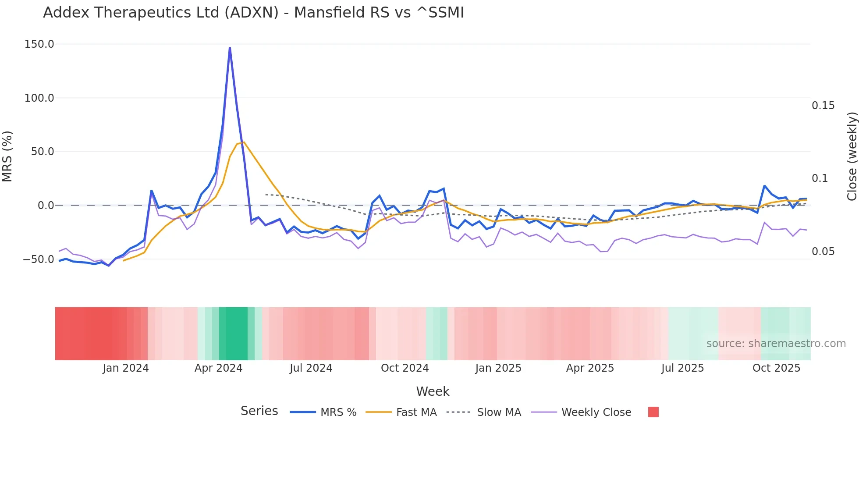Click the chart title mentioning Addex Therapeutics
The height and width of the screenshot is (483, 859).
pos(253,13)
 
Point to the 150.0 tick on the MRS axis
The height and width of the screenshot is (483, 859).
pos(39,44)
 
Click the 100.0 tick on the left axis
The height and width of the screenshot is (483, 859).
pos(39,98)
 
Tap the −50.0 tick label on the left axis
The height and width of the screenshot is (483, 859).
pos(39,259)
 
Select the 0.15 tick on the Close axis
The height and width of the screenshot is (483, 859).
pos(823,106)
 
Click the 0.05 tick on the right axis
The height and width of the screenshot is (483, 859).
pos(823,252)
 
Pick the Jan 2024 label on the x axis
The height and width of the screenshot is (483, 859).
pos(126,368)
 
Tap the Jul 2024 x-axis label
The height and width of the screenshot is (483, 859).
pos(311,368)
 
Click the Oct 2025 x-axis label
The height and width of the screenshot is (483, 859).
pos(776,368)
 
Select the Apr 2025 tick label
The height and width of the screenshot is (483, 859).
pos(590,368)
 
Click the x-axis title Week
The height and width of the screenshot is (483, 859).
pos(433,391)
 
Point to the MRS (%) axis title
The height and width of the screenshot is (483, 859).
pos(7,156)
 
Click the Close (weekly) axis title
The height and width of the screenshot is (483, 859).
pos(852,156)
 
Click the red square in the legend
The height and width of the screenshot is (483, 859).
pos(653,412)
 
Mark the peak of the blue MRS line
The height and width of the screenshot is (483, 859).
pos(230,48)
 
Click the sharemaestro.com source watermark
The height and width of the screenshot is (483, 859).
pos(776,344)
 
